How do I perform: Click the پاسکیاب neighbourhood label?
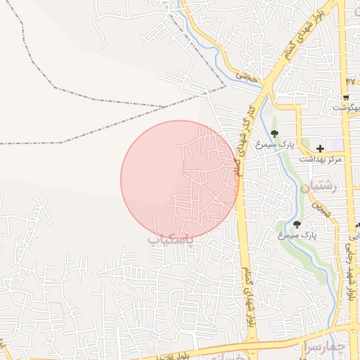(170, 240)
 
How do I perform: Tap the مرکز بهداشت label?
(320, 160)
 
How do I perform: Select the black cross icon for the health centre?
(320, 148)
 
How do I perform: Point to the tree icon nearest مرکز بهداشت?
(274, 133)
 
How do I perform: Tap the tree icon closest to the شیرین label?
(297, 225)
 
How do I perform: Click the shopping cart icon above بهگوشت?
(346, 97)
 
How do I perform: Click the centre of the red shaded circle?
(179, 179)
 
